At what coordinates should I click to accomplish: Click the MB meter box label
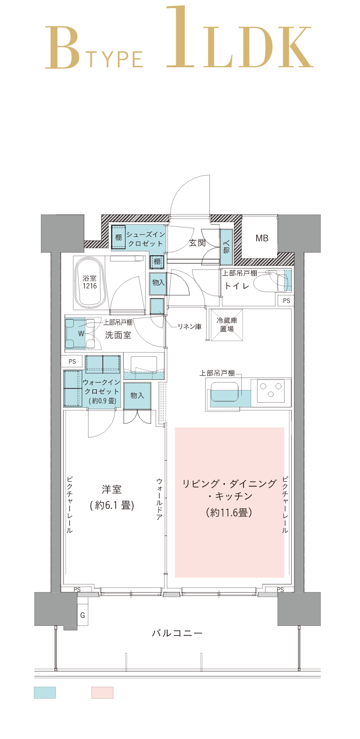(x=262, y=238)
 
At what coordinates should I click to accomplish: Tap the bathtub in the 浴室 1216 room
(x=89, y=283)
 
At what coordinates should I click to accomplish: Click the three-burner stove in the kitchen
(x=270, y=392)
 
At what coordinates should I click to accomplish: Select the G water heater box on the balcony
(x=82, y=615)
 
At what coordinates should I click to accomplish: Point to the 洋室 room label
(x=112, y=489)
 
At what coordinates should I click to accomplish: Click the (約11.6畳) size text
(x=229, y=513)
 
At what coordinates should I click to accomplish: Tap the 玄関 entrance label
(x=196, y=243)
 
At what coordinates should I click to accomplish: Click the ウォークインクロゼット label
(x=102, y=387)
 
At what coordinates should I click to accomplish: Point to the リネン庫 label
(x=189, y=326)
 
